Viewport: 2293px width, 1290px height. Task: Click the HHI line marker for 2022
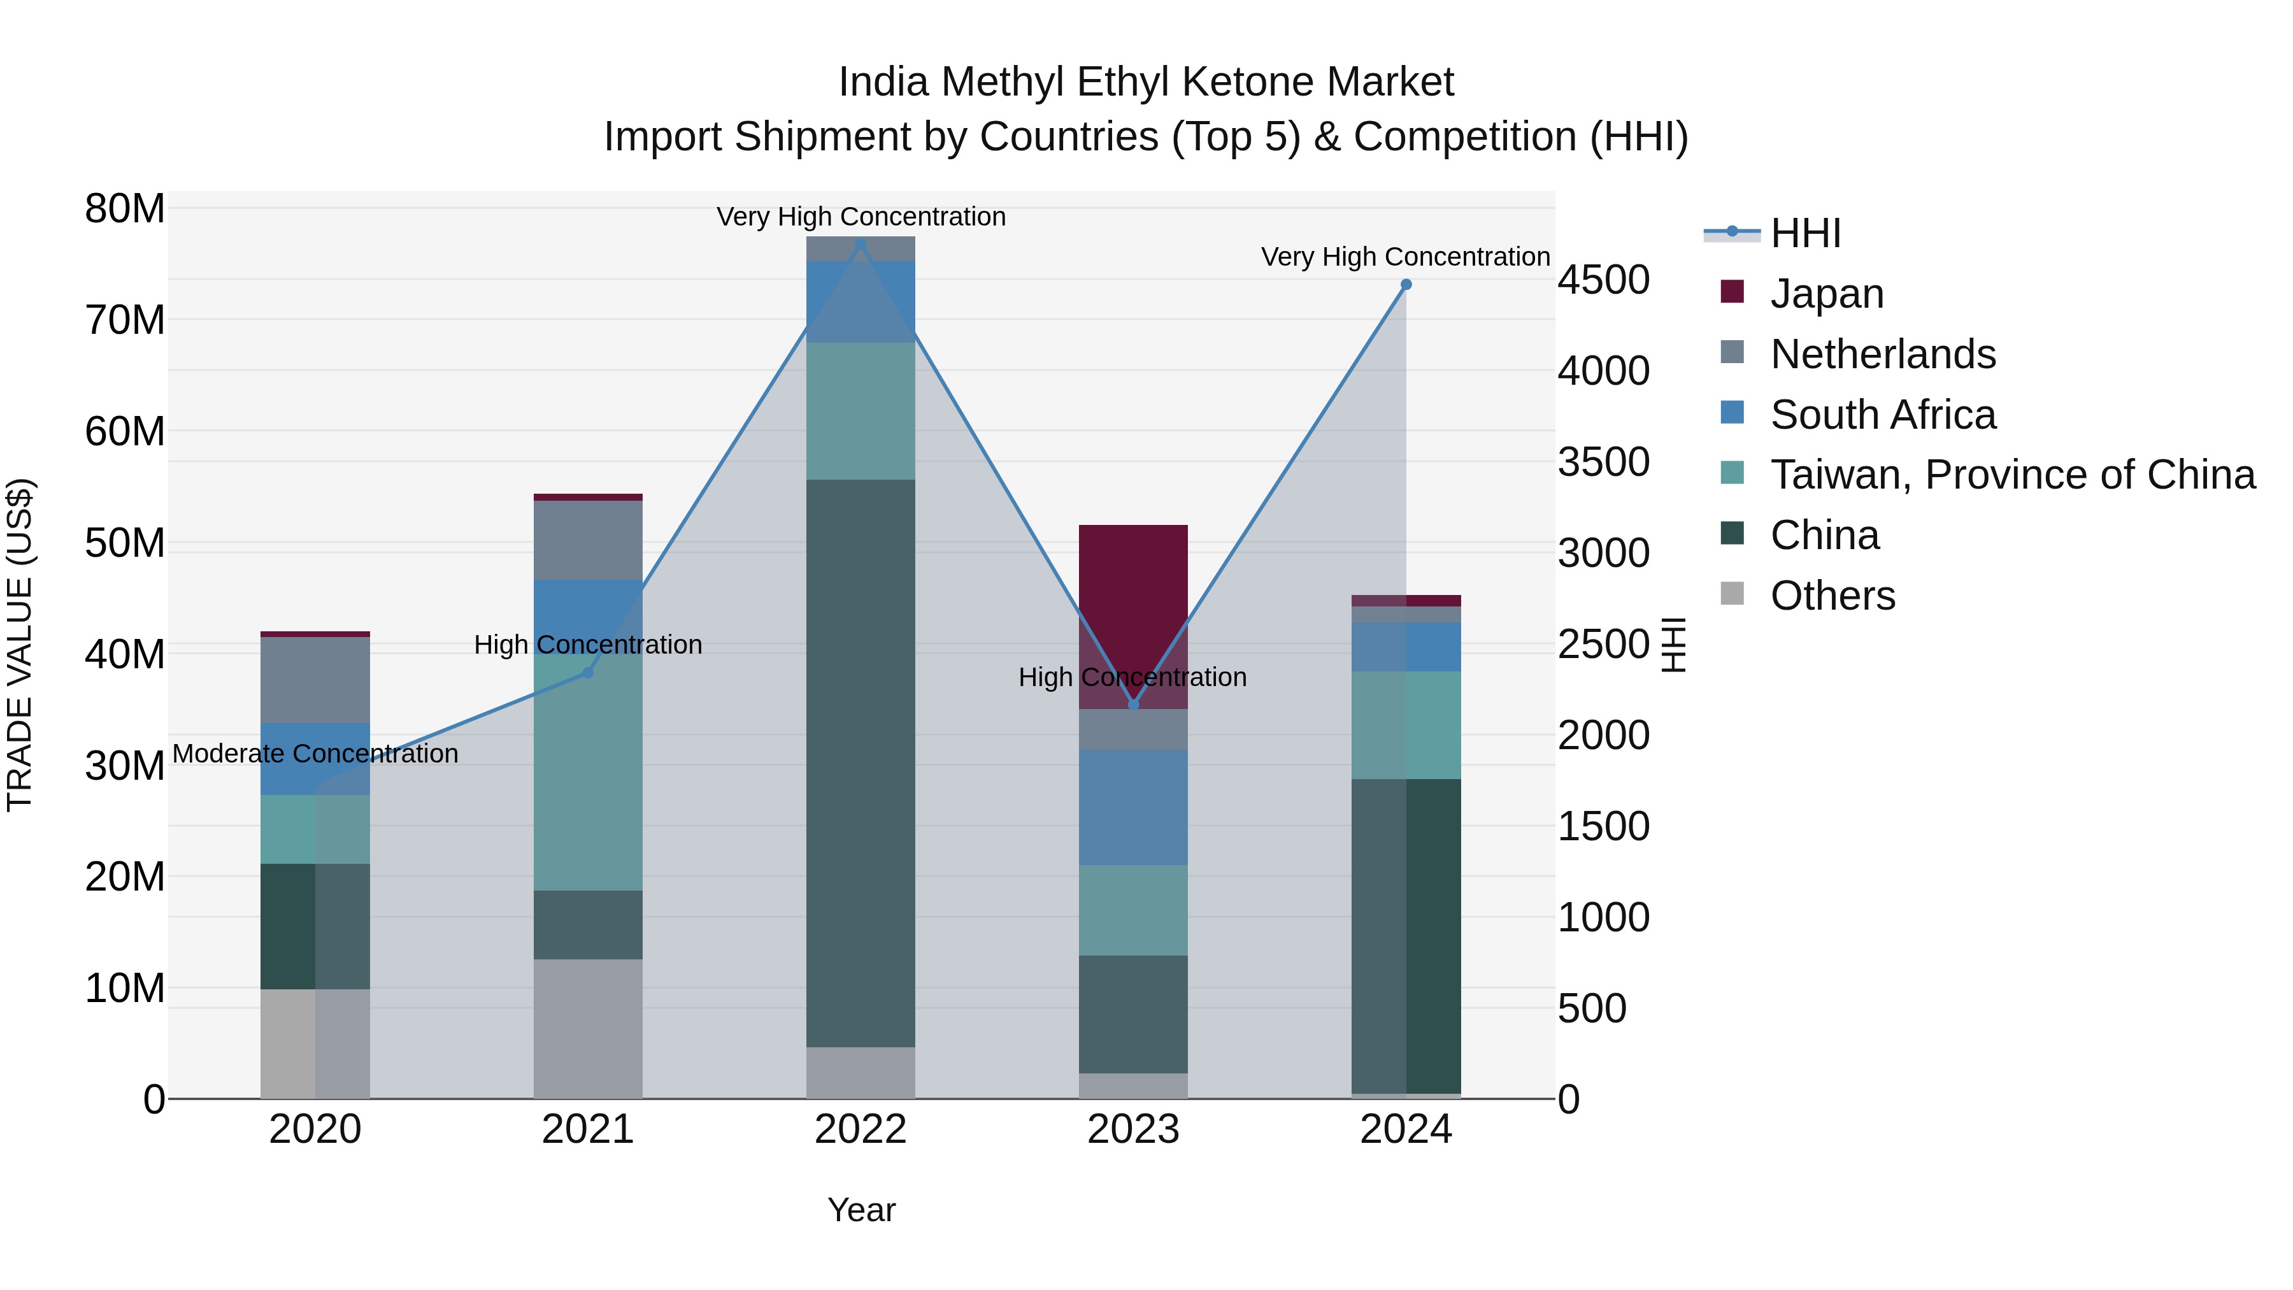point(860,243)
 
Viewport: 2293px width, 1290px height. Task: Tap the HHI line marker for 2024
point(1406,285)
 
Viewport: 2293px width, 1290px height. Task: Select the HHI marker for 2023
point(1133,704)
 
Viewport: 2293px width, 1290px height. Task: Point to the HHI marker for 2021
point(587,672)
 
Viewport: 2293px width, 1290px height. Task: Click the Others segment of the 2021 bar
point(587,1028)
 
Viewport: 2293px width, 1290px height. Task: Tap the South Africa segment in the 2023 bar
point(1133,806)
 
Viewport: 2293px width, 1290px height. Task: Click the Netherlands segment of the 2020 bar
point(315,679)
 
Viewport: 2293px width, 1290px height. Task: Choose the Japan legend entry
point(1827,294)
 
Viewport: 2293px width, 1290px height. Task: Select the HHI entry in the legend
point(1805,233)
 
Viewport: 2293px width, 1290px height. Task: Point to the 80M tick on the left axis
point(125,209)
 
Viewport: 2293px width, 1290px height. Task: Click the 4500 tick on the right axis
point(1603,280)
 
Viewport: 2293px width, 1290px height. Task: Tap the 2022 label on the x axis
point(860,1129)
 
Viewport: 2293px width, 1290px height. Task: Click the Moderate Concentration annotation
point(315,753)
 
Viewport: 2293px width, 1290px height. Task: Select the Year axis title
point(861,1210)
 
